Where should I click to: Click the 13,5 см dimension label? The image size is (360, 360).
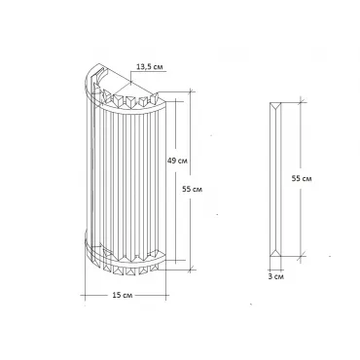150,67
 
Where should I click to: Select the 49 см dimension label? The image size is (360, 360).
177,161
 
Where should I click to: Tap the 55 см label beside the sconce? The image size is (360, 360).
192,189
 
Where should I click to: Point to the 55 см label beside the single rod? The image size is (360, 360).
302,178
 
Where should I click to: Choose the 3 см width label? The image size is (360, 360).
276,276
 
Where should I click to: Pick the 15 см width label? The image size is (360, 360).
123,295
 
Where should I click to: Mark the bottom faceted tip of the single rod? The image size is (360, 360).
275,252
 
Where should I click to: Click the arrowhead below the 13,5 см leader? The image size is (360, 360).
130,82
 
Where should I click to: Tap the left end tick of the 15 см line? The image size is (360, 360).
85,295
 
